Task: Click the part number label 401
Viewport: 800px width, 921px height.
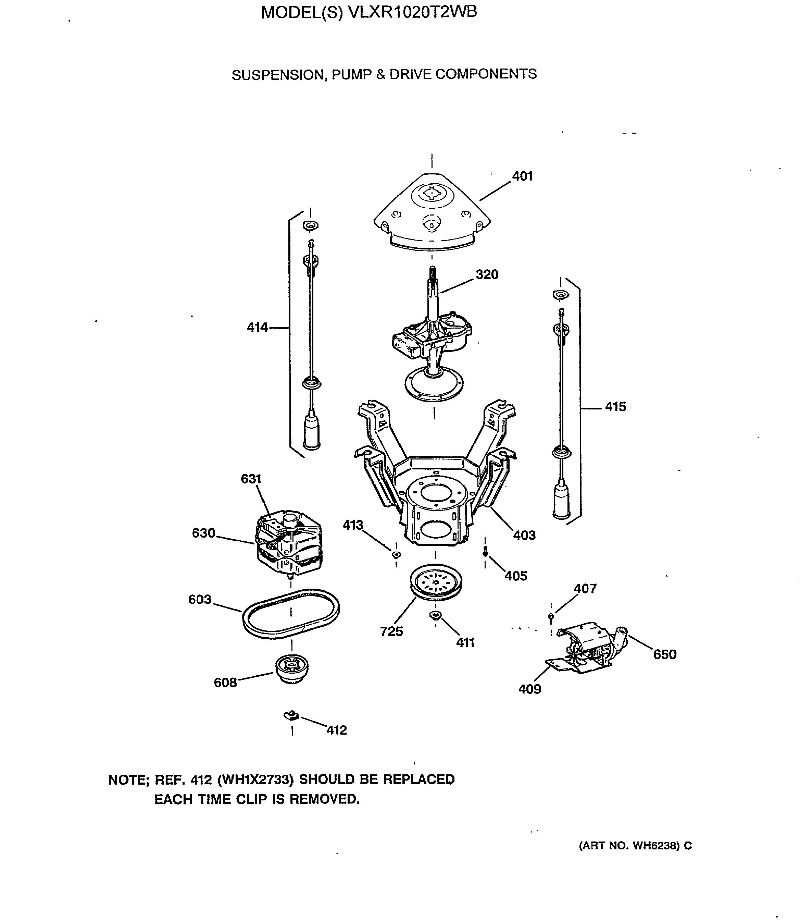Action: click(522, 176)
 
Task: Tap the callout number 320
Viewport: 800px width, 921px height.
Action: click(487, 274)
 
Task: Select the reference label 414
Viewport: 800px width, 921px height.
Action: click(257, 328)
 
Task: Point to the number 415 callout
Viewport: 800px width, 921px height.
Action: click(615, 406)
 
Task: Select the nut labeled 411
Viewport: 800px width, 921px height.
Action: click(435, 616)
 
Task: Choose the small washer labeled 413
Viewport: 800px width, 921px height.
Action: click(396, 555)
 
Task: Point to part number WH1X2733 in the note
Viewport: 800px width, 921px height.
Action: click(255, 779)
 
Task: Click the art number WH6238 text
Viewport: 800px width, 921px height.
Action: click(654, 846)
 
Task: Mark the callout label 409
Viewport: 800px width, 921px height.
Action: click(529, 689)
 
